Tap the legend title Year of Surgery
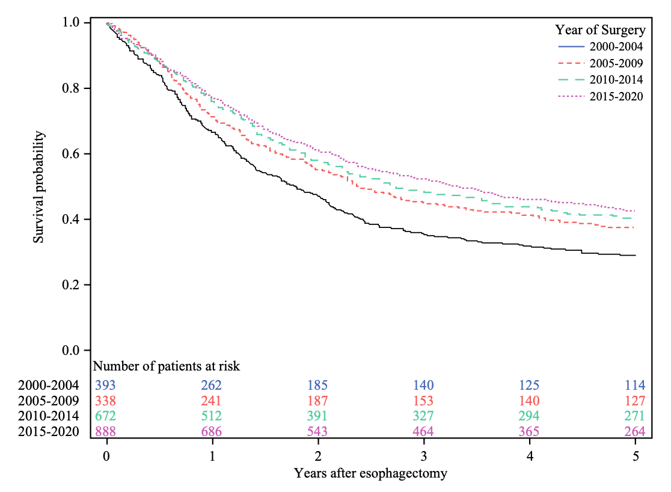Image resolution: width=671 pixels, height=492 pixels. click(600, 29)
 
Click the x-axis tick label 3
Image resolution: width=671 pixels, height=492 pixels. click(424, 456)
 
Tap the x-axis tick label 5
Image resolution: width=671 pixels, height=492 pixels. click(636, 456)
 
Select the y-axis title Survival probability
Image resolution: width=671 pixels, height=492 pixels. click(39, 186)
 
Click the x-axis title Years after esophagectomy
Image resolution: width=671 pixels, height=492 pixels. click(370, 473)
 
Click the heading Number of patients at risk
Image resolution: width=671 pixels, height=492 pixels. click(167, 366)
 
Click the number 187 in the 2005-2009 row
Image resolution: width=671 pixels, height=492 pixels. click(318, 401)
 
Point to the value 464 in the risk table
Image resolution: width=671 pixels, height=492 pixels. click(424, 431)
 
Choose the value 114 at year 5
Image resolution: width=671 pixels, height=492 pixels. click(634, 385)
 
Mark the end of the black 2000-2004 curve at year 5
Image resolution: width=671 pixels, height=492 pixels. click(635, 255)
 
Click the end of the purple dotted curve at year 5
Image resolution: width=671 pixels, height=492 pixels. click(635, 211)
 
